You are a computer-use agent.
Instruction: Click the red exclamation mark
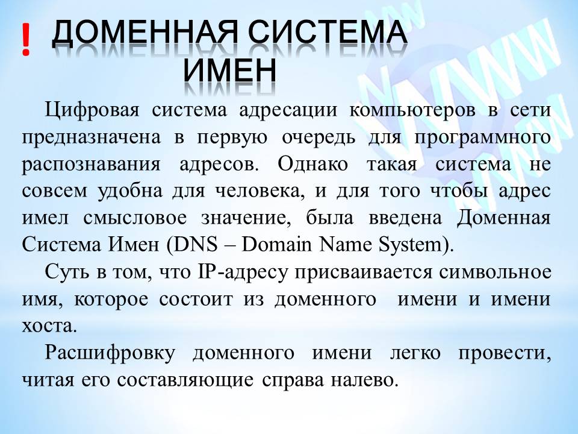[x=25, y=41]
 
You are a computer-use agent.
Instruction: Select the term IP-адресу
[x=237, y=272]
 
